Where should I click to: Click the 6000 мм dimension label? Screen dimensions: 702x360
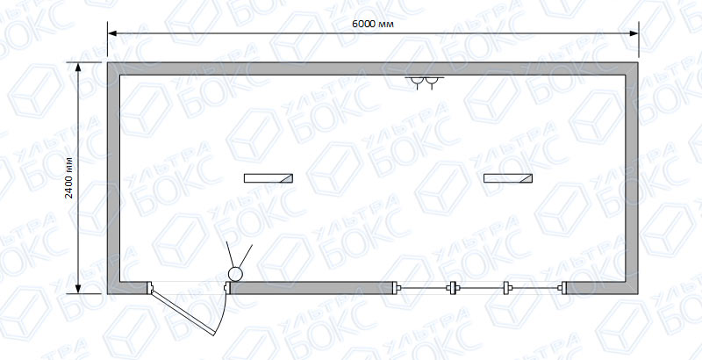click(x=373, y=25)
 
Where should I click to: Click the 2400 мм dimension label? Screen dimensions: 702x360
click(x=69, y=177)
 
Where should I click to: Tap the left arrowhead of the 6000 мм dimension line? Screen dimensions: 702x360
click(x=111, y=33)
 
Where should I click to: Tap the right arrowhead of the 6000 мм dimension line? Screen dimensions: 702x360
click(x=634, y=33)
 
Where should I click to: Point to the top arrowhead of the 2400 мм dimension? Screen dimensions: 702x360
click(x=78, y=67)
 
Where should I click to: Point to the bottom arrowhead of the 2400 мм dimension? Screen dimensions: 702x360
click(x=78, y=289)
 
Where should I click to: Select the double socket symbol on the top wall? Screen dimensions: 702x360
click(x=425, y=83)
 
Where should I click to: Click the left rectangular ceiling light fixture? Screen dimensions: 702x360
click(x=269, y=178)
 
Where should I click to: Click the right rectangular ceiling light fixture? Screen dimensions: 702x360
click(x=508, y=178)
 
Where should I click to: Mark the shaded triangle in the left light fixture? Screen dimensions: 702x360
click(x=289, y=179)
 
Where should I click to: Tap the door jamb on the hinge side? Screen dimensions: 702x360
click(x=150, y=287)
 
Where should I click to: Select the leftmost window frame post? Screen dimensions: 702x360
click(x=395, y=288)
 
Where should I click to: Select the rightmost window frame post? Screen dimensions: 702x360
click(x=563, y=288)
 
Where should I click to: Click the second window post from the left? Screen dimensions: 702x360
click(x=453, y=288)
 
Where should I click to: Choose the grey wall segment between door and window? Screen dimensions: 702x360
click(x=312, y=288)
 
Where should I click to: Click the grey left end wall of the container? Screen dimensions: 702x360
click(x=113, y=178)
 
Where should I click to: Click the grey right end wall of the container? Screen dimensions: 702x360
click(x=632, y=178)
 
